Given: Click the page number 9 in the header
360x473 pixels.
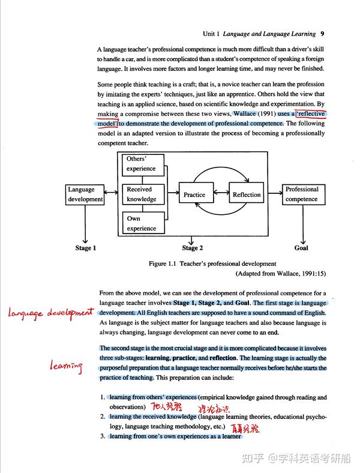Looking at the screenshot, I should pyautogui.click(x=322, y=34).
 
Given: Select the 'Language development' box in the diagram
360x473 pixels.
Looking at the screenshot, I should pyautogui.click(x=85, y=194).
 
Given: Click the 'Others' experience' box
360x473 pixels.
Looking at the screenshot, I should pyautogui.click(x=141, y=164).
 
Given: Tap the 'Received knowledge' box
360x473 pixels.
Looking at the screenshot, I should pyautogui.click(x=141, y=194).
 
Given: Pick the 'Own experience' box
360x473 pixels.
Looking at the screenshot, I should pyautogui.click(x=141, y=223).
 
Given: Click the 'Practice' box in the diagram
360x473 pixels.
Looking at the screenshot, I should pyautogui.click(x=194, y=194).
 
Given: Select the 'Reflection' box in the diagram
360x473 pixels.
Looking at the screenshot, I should pyautogui.click(x=247, y=194).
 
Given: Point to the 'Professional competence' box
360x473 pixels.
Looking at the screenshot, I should pyautogui.click(x=301, y=194).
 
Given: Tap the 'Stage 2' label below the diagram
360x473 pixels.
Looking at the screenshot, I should pyautogui.click(x=193, y=248).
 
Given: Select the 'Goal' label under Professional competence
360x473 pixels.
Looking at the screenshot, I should pyautogui.click(x=301, y=248).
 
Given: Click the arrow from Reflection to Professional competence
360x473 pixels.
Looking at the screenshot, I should pyautogui.click(x=273, y=194).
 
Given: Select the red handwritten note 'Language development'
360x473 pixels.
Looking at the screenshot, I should pyautogui.click(x=51, y=312).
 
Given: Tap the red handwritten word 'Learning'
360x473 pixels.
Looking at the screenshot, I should pyautogui.click(x=65, y=366).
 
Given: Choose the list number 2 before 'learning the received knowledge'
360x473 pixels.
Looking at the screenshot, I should pyautogui.click(x=103, y=417).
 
